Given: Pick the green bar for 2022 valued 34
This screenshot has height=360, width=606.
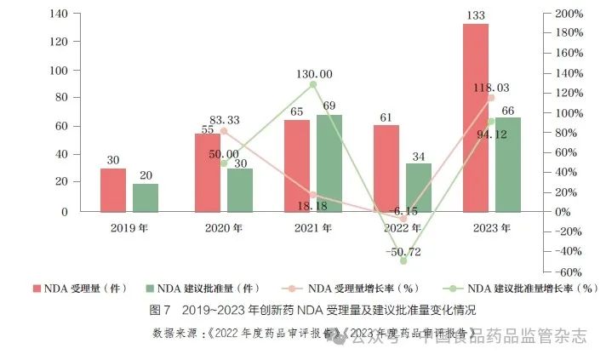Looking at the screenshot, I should click(419, 187).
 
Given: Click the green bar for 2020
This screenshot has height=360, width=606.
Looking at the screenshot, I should click(240, 190).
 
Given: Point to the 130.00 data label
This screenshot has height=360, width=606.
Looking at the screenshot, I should click(315, 74).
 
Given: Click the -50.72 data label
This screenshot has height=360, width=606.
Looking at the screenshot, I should click(403, 253).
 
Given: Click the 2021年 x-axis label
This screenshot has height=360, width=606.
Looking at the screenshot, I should click(313, 228).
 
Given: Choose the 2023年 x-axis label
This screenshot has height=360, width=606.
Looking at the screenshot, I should click(492, 228).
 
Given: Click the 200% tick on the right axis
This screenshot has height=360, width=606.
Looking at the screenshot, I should click(567, 14).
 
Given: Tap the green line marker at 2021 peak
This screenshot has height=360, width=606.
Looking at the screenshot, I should click(313, 84).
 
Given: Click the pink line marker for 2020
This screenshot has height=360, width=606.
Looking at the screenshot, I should click(224, 132).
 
